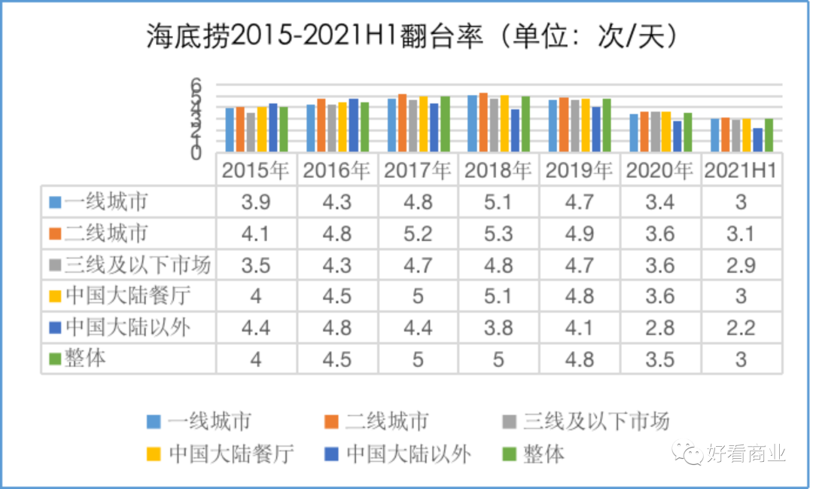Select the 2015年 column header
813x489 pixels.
[x=256, y=171]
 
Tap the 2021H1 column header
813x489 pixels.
[x=741, y=171]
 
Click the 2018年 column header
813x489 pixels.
[x=498, y=171]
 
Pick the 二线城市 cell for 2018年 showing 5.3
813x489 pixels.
[x=498, y=233]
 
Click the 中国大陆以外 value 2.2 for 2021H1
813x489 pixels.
[x=741, y=327]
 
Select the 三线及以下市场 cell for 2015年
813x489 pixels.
[x=256, y=264]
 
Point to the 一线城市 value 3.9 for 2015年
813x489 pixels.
[x=256, y=202]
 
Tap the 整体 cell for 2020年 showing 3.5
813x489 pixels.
[x=660, y=359]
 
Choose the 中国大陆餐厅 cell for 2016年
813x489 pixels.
[x=337, y=295]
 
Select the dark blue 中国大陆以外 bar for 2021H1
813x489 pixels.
[x=758, y=140]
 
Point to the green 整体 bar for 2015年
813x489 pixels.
[x=284, y=129]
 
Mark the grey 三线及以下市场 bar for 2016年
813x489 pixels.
[x=332, y=128]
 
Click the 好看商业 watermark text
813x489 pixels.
[x=745, y=453]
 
